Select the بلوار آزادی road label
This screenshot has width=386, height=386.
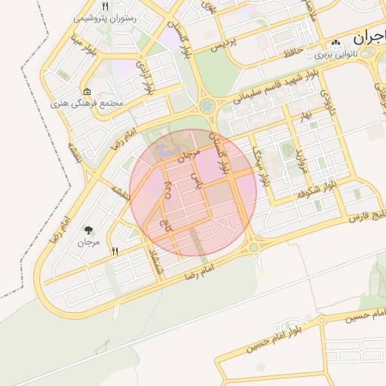pyautogui.click(x=145, y=77)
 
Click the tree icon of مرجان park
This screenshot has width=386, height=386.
pyautogui.click(x=90, y=229)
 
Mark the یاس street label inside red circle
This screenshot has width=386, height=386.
pyautogui.click(x=198, y=179)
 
